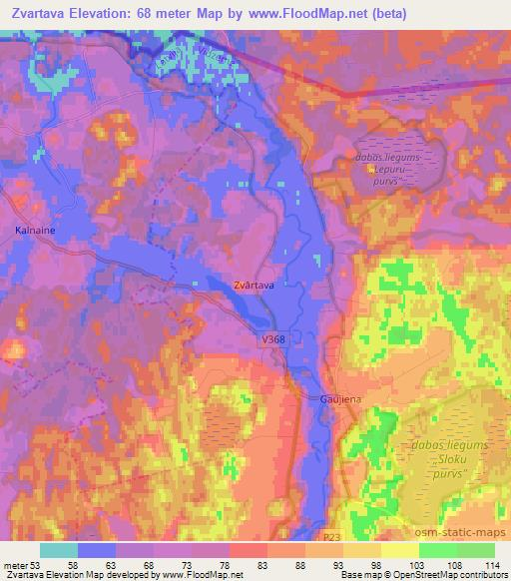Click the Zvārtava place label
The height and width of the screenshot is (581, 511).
tap(254, 286)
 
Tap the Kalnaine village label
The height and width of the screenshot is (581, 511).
tap(33, 230)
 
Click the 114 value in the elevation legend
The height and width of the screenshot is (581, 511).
tap(493, 564)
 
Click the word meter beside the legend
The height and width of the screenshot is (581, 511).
tap(15, 564)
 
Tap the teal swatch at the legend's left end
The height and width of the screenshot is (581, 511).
tap(58, 549)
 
